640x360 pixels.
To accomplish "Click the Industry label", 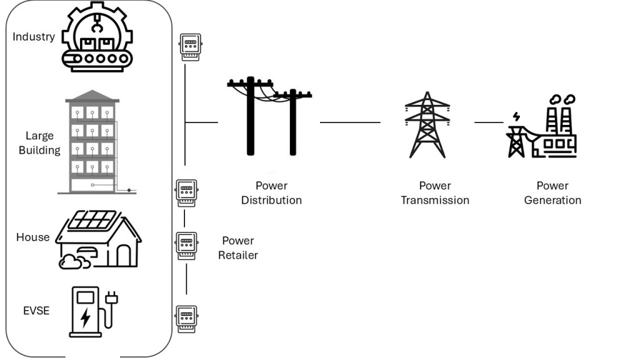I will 34,37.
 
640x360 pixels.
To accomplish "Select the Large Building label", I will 39,142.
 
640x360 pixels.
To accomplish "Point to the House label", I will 32,237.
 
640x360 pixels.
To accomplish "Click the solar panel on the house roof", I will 94,220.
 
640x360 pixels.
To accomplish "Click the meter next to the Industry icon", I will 190,47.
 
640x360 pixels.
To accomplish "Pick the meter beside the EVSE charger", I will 186,319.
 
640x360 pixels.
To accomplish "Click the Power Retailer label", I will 238,247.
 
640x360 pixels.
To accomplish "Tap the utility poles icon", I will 270,116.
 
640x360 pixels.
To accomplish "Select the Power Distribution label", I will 271,192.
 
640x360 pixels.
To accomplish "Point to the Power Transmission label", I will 435,192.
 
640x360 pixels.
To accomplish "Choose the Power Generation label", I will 552,192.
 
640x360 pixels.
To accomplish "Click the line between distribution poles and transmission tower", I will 350,122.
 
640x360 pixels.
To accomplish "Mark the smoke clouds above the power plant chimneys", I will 562,99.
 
